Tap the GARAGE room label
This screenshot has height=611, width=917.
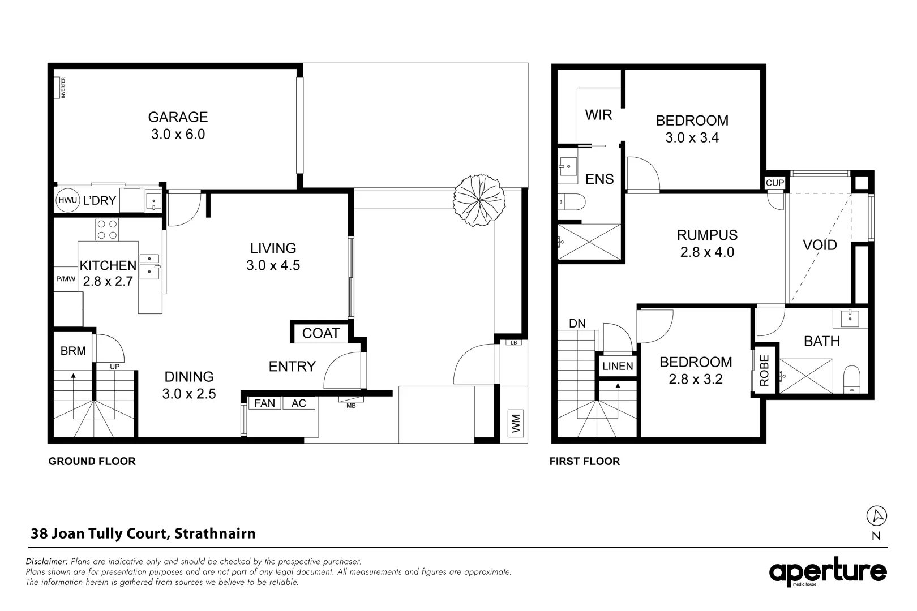point(178,117)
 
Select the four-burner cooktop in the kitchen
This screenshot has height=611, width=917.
point(107,229)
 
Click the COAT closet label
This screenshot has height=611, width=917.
point(320,333)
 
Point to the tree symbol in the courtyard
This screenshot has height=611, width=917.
point(478,200)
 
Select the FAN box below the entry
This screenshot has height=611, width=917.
point(264,403)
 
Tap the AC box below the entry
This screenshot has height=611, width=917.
point(298,403)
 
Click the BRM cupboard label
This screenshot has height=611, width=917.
point(73,351)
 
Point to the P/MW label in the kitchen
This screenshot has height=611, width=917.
point(66,279)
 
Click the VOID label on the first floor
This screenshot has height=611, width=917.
point(820,245)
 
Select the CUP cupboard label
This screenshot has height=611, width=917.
point(774,183)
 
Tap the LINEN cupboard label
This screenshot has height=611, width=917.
point(618,366)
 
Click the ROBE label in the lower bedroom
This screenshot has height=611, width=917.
point(764,371)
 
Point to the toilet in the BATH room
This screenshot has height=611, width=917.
point(851,378)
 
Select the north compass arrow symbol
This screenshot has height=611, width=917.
point(877,515)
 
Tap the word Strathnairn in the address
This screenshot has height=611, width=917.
point(215,533)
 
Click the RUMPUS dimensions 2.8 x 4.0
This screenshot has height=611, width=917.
point(707,252)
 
